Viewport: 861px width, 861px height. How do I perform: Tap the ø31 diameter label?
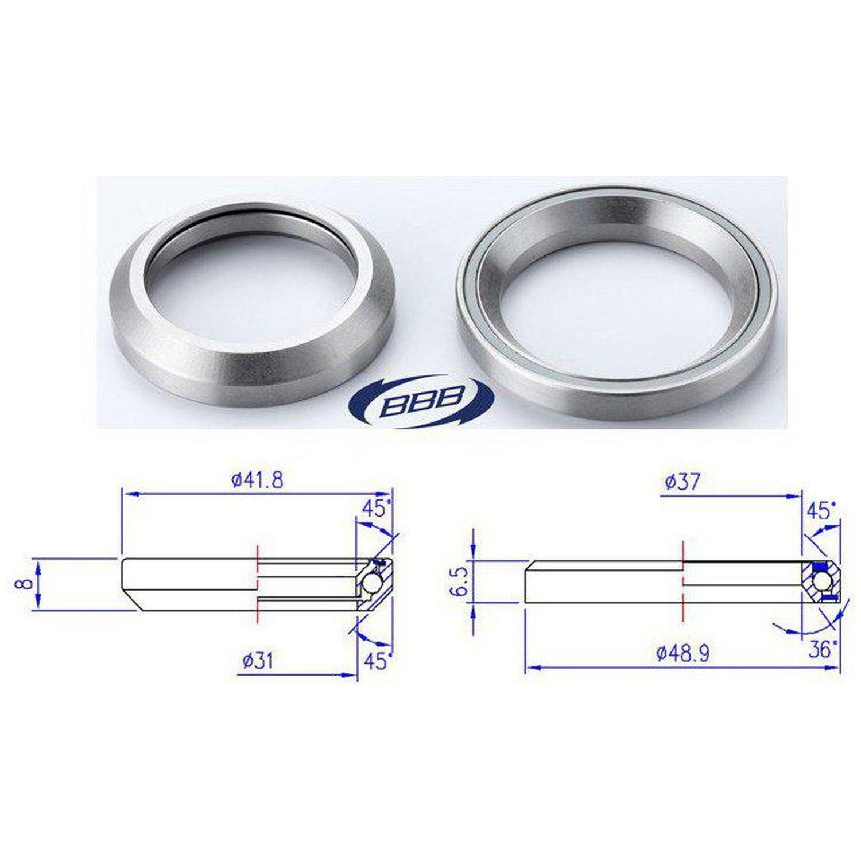point(257,661)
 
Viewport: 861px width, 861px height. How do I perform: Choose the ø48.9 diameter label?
point(682,653)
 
